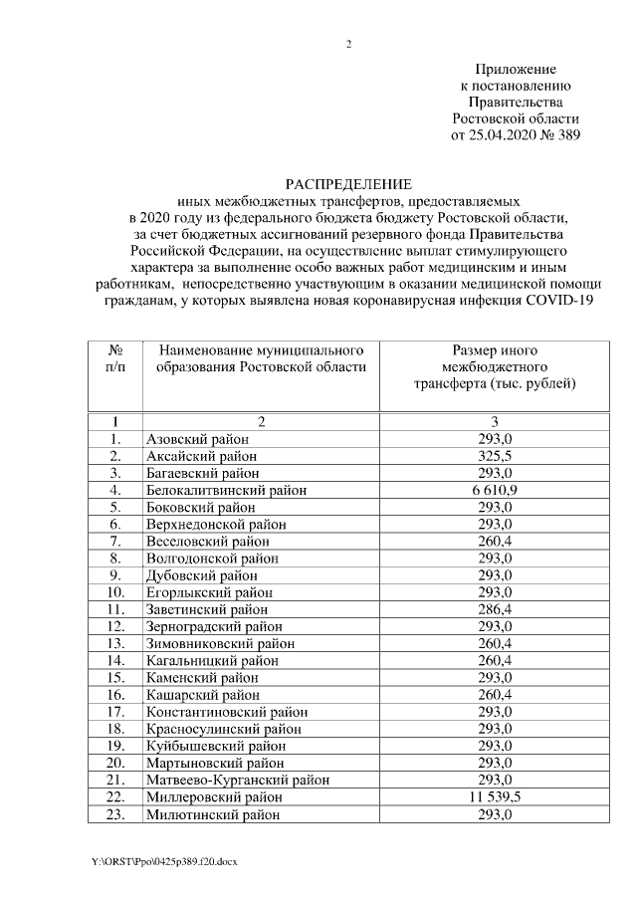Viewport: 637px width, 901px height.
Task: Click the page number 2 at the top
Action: point(347,44)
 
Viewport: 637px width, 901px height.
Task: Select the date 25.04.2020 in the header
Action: point(506,134)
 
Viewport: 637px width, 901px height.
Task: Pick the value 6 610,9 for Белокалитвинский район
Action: point(495,490)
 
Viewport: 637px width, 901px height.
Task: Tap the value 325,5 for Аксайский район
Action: point(495,456)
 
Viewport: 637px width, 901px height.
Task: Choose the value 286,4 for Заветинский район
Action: point(495,609)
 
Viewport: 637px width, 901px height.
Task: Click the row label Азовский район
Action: point(197,439)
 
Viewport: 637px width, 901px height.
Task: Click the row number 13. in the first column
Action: point(116,643)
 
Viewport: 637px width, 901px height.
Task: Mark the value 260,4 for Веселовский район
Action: point(495,541)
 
